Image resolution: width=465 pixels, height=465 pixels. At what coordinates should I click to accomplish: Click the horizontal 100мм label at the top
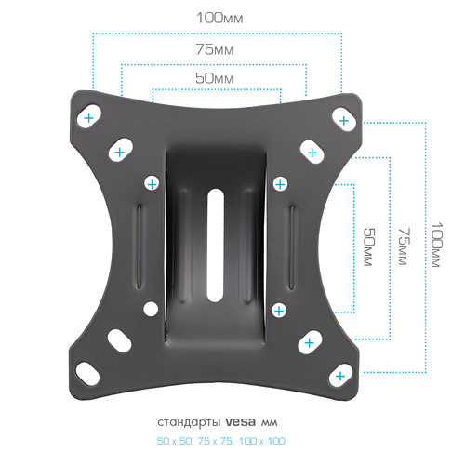coord(219,18)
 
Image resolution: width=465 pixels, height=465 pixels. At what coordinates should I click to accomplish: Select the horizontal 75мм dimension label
coord(215,49)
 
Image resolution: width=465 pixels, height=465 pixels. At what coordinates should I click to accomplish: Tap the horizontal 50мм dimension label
coord(215,78)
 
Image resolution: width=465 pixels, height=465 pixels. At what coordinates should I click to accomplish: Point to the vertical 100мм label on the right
coord(437,245)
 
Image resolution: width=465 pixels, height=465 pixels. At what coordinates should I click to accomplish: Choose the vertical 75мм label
coord(405,246)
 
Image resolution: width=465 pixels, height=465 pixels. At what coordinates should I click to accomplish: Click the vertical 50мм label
coord(369,247)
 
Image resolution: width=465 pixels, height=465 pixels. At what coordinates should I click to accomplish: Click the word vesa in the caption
coord(240,422)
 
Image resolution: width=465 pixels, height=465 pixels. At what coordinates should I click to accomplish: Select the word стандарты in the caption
coord(189,422)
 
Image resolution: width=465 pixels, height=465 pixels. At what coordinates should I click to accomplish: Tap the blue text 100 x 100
coord(262,441)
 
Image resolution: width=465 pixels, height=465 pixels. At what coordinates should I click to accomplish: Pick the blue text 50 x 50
coord(174,441)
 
